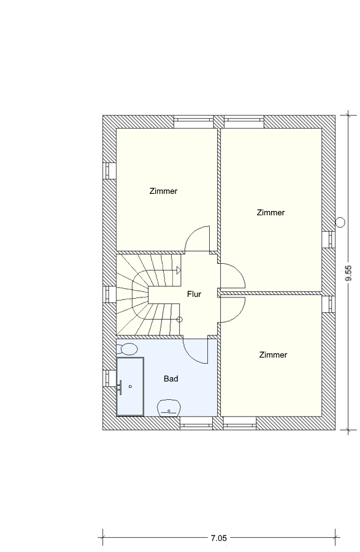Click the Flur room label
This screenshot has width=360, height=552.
point(194,294)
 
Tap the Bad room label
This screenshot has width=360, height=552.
point(171,379)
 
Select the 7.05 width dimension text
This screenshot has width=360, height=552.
point(218,538)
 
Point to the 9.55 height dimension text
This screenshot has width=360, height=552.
point(348,273)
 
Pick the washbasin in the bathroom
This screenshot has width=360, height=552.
point(169,408)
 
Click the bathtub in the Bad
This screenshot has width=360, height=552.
point(130,386)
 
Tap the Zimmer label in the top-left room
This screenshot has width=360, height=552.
point(163,191)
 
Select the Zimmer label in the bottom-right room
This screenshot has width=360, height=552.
point(273,355)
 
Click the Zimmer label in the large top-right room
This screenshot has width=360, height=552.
point(270,213)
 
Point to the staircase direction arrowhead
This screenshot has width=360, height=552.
point(178,270)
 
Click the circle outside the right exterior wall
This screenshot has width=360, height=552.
point(340,222)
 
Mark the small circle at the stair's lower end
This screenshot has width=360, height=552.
point(180,320)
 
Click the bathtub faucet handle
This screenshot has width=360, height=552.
point(120,388)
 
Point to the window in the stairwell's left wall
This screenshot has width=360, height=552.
point(109,294)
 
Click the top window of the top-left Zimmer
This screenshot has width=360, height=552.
point(194,122)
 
